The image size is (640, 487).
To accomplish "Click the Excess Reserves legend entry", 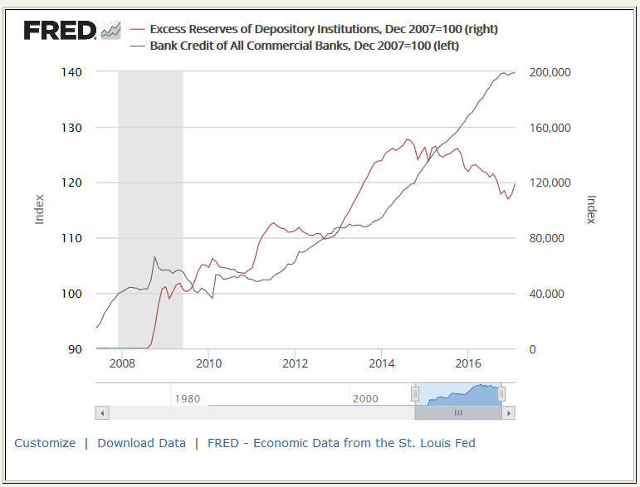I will click(323, 29).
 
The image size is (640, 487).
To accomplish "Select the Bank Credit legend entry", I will click(304, 46).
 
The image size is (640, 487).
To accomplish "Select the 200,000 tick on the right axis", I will click(549, 72).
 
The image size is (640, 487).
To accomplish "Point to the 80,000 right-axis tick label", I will click(545, 238).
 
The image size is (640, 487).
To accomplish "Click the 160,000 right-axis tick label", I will click(549, 128).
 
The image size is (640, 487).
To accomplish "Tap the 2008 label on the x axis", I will click(122, 363).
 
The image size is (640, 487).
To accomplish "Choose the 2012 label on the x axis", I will click(296, 363).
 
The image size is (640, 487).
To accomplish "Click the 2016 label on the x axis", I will click(469, 363).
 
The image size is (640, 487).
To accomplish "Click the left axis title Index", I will click(39, 209).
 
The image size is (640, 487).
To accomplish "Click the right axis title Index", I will click(591, 209).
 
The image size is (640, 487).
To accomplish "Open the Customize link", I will click(45, 443).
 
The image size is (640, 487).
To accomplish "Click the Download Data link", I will click(141, 443).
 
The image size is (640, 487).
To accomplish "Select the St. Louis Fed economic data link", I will click(341, 443).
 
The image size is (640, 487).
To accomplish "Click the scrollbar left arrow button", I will click(103, 412).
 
